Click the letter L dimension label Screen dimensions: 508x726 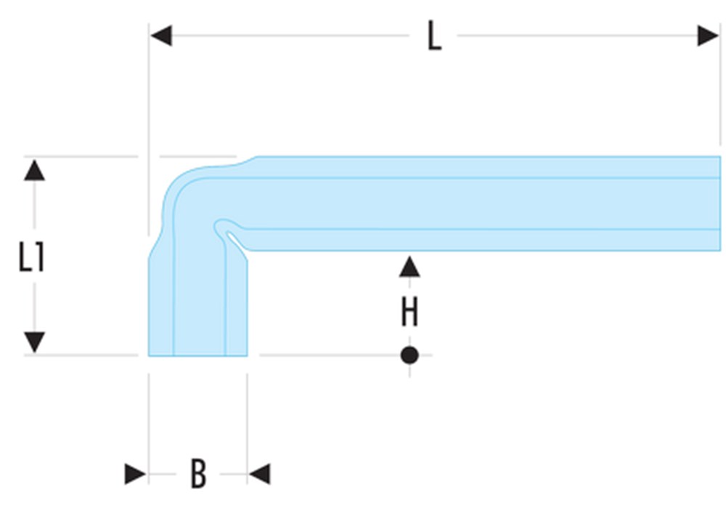pyautogui.click(x=433, y=37)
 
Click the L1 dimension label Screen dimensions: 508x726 pyautogui.click(x=31, y=257)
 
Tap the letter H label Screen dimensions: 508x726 pyautogui.click(x=409, y=313)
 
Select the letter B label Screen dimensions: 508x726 pyautogui.click(x=197, y=474)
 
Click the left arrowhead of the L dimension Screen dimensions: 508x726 pyautogui.click(x=161, y=35)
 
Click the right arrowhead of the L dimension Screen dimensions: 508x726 pyautogui.click(x=708, y=35)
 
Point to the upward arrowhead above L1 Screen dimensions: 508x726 pyautogui.click(x=34, y=171)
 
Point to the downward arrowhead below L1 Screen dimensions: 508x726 pyautogui.click(x=34, y=342)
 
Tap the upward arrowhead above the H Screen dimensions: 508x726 pyautogui.click(x=409, y=267)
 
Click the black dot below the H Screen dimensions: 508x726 pyautogui.click(x=409, y=355)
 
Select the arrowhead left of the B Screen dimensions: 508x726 pyautogui.click(x=136, y=475)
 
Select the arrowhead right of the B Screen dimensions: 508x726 pyautogui.click(x=259, y=475)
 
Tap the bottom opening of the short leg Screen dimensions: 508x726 pyautogui.click(x=198, y=355)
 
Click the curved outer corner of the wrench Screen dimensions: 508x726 pyautogui.click(x=178, y=182)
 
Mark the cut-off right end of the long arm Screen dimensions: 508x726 pyautogui.click(x=719, y=203)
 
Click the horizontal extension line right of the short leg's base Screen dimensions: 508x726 pyautogui.click(x=327, y=355)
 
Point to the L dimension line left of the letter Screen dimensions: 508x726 pyautogui.click(x=290, y=35)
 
